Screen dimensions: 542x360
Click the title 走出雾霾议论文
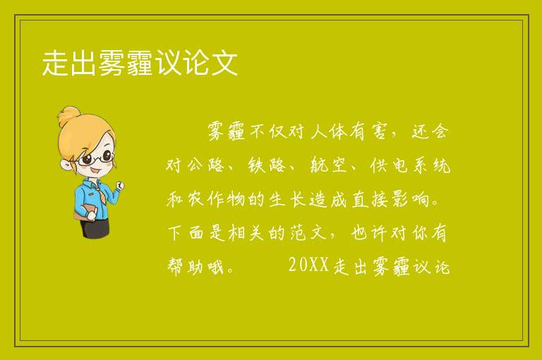pos(140,63)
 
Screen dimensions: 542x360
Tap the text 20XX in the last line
pos(308,265)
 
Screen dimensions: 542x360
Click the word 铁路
pos(267,165)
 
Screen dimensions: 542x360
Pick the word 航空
pos(327,165)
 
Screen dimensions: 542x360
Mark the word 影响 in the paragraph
pos(410,199)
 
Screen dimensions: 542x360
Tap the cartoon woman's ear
pos(66,164)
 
